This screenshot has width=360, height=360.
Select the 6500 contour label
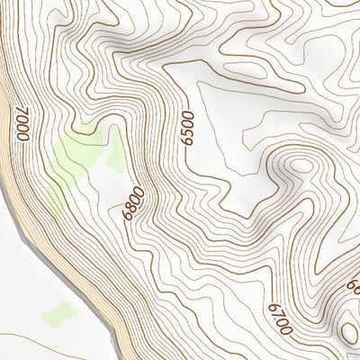click(187, 130)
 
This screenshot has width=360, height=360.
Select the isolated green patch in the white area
click(58, 314)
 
